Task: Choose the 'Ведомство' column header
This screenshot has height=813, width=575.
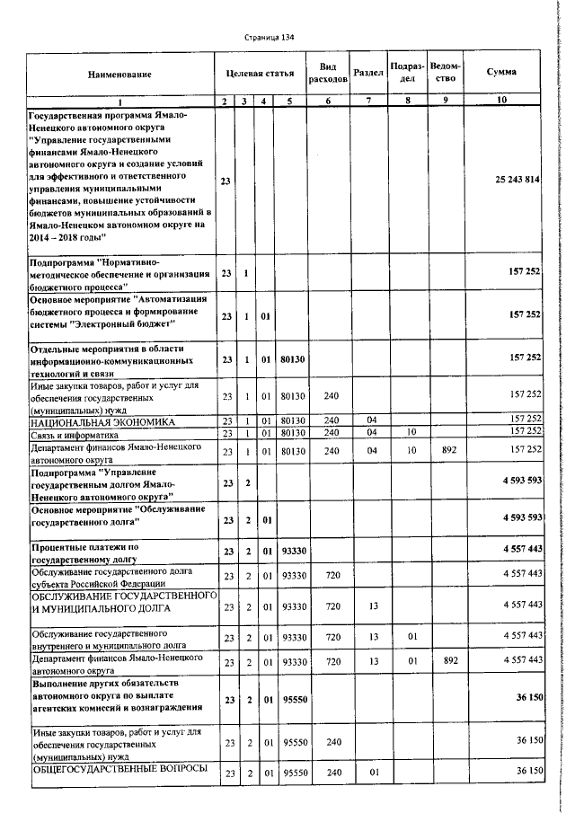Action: coord(446,72)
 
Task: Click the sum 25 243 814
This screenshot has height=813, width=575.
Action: coord(517,181)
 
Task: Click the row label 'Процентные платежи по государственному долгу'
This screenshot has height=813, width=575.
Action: coord(94,552)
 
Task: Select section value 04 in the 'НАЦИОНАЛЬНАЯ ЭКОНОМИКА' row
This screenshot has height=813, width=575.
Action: coord(369,420)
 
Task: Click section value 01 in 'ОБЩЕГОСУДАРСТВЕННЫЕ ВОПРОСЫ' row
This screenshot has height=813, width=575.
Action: coord(369,773)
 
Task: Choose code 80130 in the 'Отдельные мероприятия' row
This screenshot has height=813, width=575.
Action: coord(292,358)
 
